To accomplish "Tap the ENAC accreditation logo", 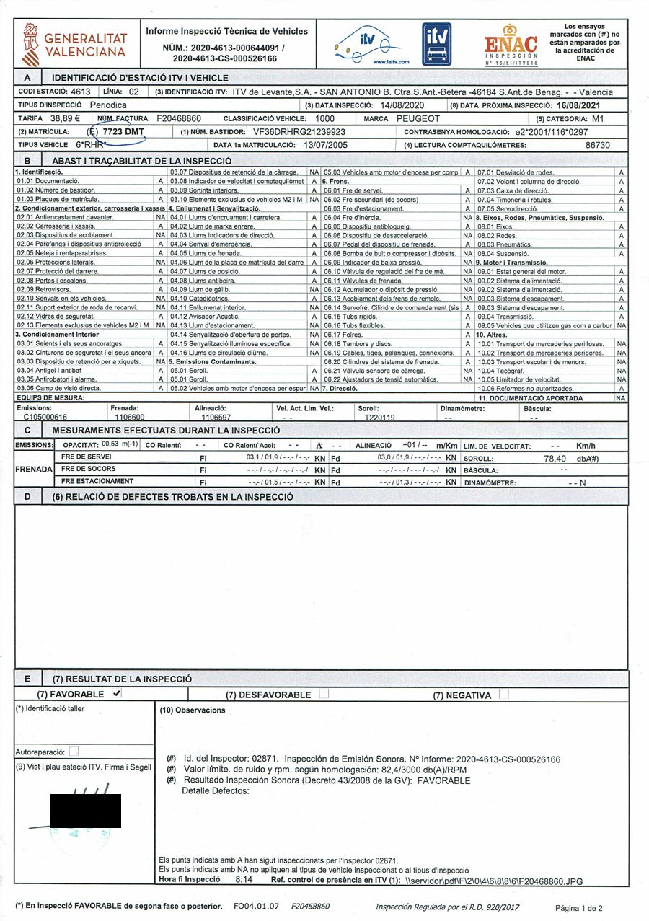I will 511,45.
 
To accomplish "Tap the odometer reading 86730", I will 597,145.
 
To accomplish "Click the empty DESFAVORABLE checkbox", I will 324,695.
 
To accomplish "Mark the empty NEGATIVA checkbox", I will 503,695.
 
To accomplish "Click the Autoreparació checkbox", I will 74,752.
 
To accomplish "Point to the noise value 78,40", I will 555,458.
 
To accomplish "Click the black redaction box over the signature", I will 85,811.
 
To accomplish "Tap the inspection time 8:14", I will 244,881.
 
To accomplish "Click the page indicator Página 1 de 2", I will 580,907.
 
